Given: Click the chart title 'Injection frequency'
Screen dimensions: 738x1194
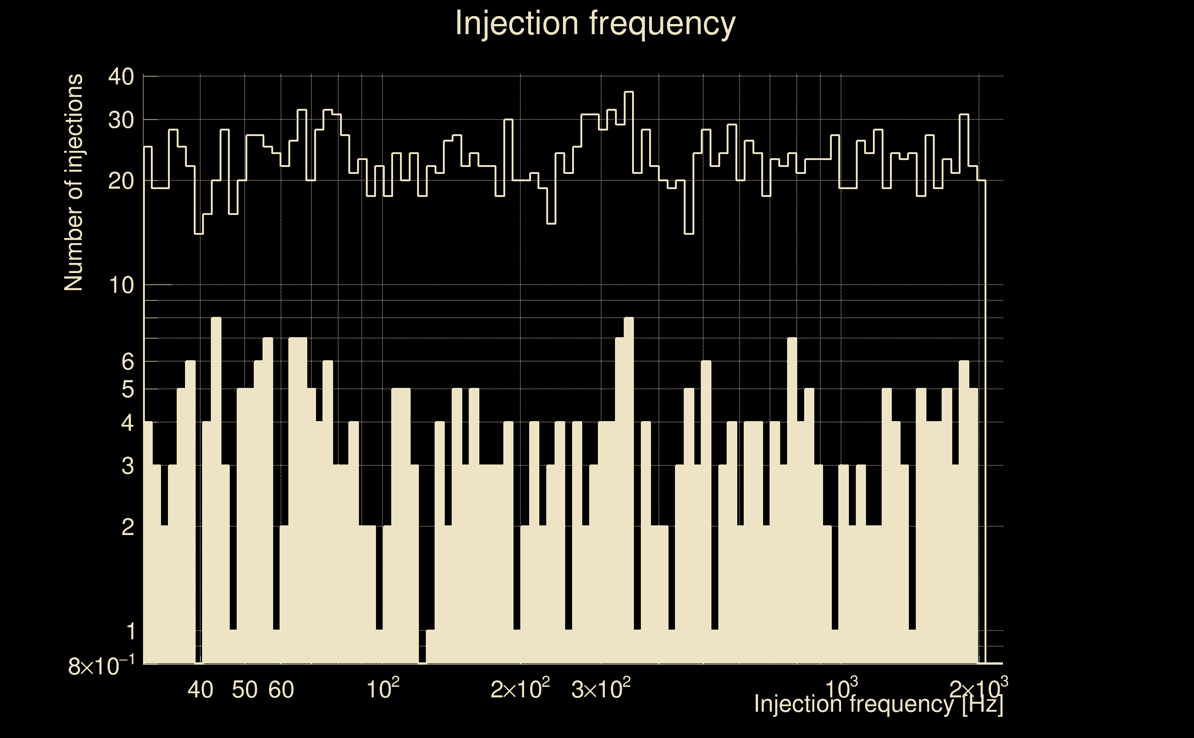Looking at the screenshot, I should click(x=595, y=24).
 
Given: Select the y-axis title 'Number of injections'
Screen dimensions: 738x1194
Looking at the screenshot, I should click(x=73, y=183).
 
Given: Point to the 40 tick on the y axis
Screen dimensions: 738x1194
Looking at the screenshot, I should click(x=121, y=77).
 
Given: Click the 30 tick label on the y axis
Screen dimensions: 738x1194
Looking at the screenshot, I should click(x=121, y=119).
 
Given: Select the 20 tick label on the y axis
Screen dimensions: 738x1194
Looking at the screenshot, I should click(x=121, y=181).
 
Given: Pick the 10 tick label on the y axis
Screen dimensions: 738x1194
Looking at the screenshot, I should click(x=121, y=285).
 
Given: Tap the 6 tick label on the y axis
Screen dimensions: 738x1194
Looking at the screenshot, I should click(x=127, y=362).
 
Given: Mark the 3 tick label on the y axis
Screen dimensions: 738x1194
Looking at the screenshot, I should click(x=127, y=466).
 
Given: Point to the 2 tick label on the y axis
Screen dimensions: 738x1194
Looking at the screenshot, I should click(x=127, y=527).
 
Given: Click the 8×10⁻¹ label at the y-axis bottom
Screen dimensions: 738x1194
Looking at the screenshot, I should click(x=101, y=666).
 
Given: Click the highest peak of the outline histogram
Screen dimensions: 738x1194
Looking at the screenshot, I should click(x=629, y=92).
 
